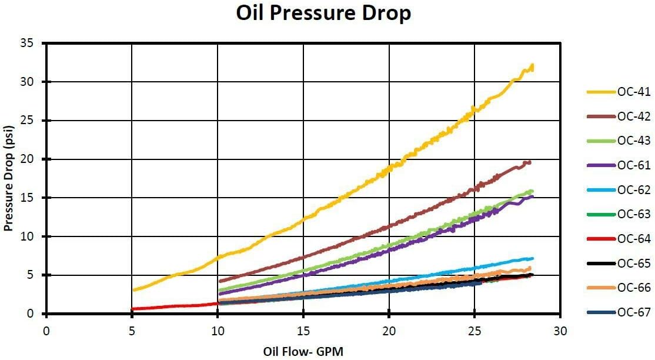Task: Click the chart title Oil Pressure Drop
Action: tap(323, 13)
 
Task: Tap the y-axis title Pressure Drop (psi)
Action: tap(9, 178)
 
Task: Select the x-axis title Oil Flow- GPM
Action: tap(303, 352)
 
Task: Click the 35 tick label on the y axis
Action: tap(35, 44)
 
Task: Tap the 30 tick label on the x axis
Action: tap(560, 331)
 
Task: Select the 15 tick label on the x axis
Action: tap(303, 331)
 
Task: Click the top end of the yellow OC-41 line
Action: tap(532, 66)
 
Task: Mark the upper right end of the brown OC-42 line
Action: tap(530, 162)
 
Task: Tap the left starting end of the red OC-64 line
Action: tap(132, 309)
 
